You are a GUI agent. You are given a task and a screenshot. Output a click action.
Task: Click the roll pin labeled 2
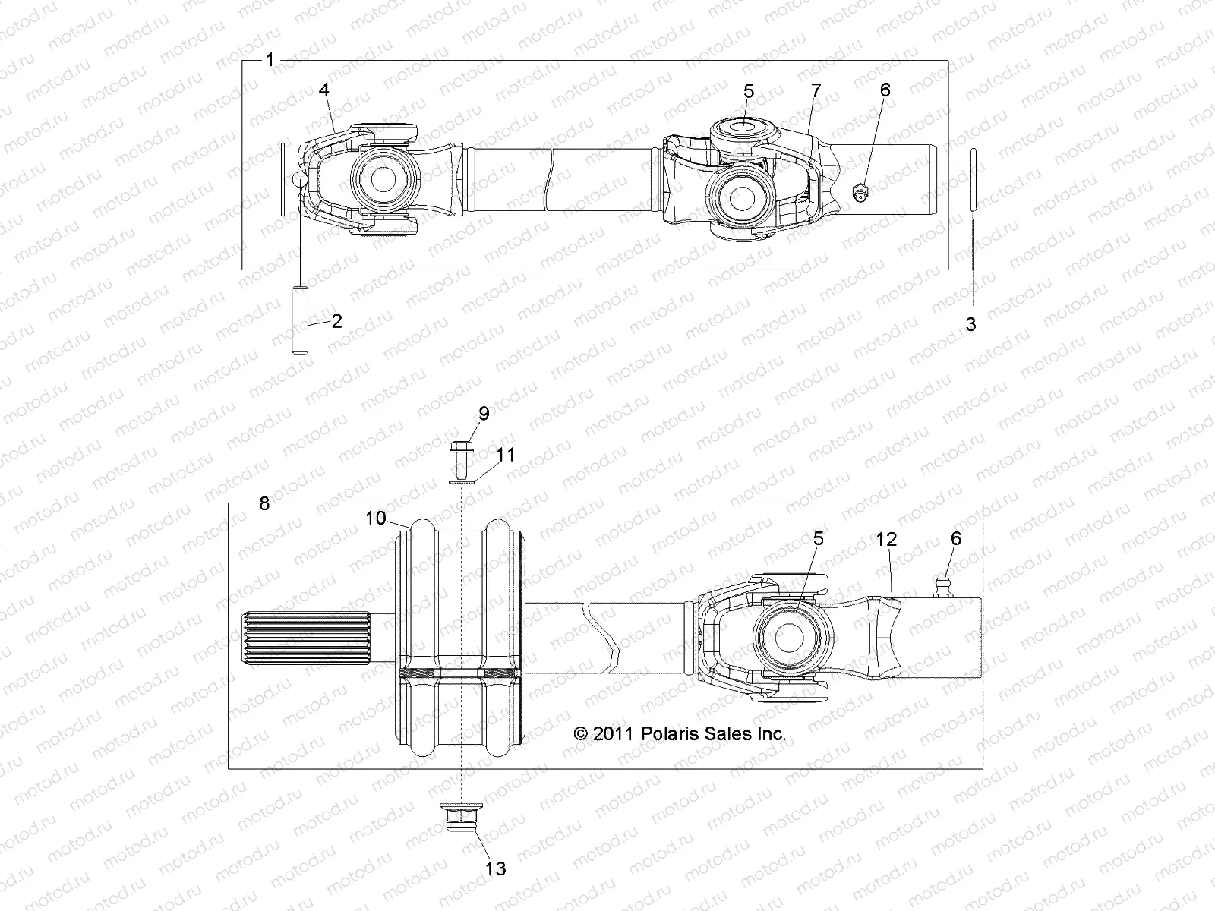[300, 319]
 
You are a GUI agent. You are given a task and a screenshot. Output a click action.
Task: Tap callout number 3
[970, 325]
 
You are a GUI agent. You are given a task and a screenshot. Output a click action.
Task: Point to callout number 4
[324, 90]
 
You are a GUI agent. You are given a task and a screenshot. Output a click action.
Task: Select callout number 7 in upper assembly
[816, 90]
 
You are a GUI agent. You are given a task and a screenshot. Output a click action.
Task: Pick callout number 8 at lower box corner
[264, 503]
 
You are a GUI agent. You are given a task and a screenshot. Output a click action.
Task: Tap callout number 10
[376, 518]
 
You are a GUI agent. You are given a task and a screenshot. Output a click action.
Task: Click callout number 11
[506, 455]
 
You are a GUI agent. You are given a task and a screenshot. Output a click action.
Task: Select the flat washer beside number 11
[461, 481]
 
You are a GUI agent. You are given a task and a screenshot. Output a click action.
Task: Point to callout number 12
[886, 539]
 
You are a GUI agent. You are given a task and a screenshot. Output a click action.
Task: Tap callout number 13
[496, 868]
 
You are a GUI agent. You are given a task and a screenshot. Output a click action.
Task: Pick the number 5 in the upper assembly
[749, 91]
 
